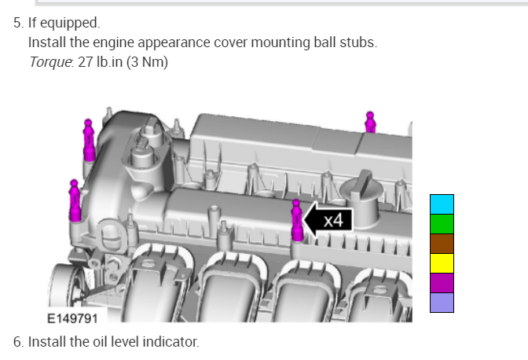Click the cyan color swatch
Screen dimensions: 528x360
(x=442, y=204)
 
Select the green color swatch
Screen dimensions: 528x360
(x=442, y=223)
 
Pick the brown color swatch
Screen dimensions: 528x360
(x=442, y=243)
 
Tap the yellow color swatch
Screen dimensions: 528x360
(x=442, y=263)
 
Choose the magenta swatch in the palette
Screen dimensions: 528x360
(x=442, y=283)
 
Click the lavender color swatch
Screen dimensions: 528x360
(x=442, y=303)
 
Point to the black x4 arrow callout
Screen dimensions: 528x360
(x=328, y=220)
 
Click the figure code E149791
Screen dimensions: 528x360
(x=72, y=318)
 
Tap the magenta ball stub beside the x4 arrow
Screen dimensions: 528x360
(x=297, y=220)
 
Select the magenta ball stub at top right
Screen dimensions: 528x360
(x=370, y=123)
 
